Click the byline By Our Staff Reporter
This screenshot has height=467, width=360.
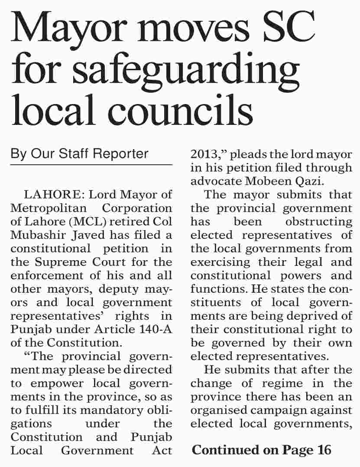pos(79,153)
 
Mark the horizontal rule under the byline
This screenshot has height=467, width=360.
pos(91,165)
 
